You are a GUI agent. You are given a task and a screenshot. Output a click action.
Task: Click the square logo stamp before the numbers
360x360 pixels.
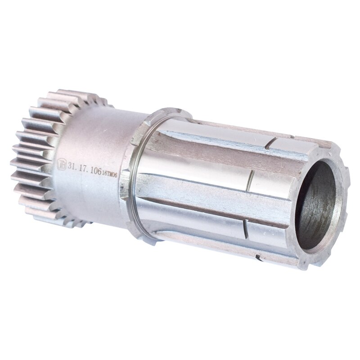click(x=63, y=163)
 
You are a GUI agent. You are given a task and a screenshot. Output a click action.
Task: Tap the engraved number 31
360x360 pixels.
click(x=72, y=166)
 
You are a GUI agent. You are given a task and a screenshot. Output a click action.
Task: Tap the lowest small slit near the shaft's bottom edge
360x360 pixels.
click(x=258, y=258)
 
